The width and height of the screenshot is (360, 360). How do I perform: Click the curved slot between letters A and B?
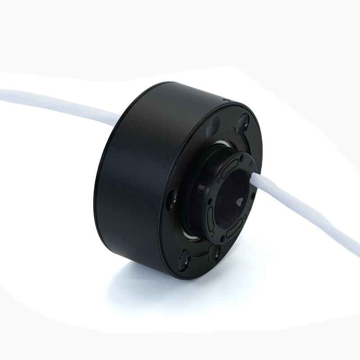pyautogui.click(x=229, y=168)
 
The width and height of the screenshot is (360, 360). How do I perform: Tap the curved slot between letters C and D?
pyautogui.click(x=234, y=228)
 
